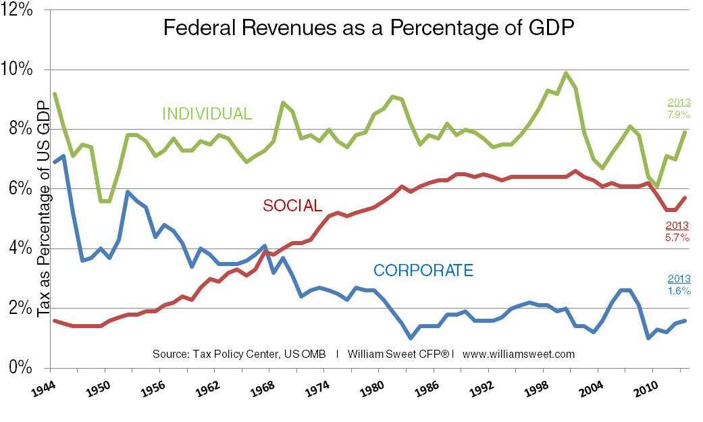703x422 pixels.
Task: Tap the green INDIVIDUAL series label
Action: click(x=206, y=113)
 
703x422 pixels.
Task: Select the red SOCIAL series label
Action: click(x=292, y=205)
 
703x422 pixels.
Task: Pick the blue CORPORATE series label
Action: click(x=423, y=271)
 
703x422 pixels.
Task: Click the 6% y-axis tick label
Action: click(x=21, y=189)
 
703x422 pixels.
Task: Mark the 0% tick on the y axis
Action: click(x=21, y=368)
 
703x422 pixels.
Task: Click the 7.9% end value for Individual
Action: click(x=679, y=115)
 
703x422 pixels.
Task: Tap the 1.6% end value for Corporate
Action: click(x=679, y=291)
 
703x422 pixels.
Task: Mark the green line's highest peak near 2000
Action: click(x=566, y=73)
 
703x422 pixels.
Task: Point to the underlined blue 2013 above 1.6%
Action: click(x=679, y=279)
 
